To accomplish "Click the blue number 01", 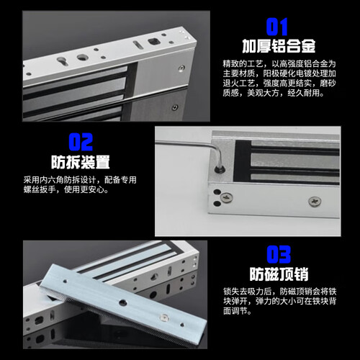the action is coord(276,27).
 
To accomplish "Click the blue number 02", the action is coord(81,142).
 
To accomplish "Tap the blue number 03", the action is coord(279,254).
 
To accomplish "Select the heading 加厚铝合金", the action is coord(279,46).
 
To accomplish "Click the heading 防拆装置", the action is coord(81,162).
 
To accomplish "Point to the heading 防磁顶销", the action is coord(279,274).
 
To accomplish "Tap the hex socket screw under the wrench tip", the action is coord(220,169).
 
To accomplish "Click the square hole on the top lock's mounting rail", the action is coord(153,41).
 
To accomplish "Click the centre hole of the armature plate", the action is coord(123,303).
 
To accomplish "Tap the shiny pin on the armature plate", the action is coord(164,318).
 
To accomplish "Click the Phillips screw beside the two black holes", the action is coord(227,197).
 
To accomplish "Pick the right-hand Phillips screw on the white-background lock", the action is coord(315,201).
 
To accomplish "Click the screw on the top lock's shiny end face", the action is coord(181,68).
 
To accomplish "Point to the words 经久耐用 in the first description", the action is coord(305,93).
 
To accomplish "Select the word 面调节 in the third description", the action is coord(235,311).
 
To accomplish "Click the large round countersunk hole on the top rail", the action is coord(82,57).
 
